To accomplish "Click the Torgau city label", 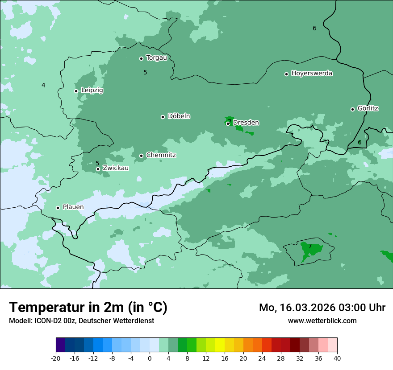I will (156, 58).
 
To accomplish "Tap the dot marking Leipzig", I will (76, 91).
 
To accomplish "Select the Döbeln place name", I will (179, 116).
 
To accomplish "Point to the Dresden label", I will (246, 123).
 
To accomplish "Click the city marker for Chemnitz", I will (141, 156).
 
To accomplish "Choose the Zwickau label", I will (116, 168).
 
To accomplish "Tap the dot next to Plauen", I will (58, 208).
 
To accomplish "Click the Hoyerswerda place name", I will (312, 74).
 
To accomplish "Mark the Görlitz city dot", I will (352, 109).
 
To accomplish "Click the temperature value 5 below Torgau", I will (145, 72).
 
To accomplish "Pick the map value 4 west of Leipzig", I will (43, 85).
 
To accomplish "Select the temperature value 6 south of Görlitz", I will (360, 142).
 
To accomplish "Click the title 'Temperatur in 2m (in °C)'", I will (88, 308).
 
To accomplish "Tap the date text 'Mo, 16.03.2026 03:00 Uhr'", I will (322, 308).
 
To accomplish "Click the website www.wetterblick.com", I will (322, 321).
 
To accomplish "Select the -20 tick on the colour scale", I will (56, 358).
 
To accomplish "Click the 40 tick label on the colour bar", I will (337, 358).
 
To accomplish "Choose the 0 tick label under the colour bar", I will (150, 358).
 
